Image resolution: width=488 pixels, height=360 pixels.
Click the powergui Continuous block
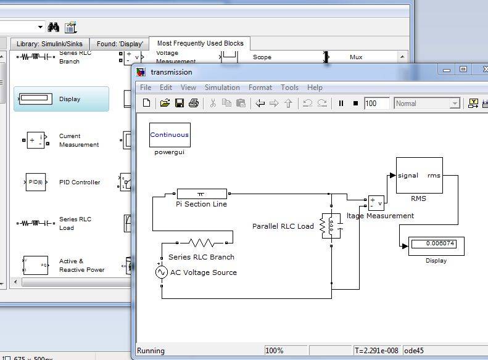click(170, 135)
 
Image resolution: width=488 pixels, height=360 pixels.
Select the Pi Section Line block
click(202, 194)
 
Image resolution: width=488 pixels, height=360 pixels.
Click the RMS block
click(419, 176)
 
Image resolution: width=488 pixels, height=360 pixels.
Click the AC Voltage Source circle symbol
click(162, 272)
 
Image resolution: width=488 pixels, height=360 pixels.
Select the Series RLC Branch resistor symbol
click(202, 242)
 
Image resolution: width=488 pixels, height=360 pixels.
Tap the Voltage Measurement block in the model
click(376, 203)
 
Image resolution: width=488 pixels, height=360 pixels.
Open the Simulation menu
click(222, 88)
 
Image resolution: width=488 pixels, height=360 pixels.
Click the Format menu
click(260, 88)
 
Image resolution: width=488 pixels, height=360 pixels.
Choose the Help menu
click(315, 88)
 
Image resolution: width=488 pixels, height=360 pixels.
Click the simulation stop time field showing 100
click(376, 104)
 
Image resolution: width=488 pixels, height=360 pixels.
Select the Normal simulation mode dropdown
click(427, 104)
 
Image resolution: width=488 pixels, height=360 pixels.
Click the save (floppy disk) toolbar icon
click(180, 104)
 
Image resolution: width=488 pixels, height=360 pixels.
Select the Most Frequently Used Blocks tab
click(200, 43)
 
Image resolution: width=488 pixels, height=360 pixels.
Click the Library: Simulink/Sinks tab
click(49, 44)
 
